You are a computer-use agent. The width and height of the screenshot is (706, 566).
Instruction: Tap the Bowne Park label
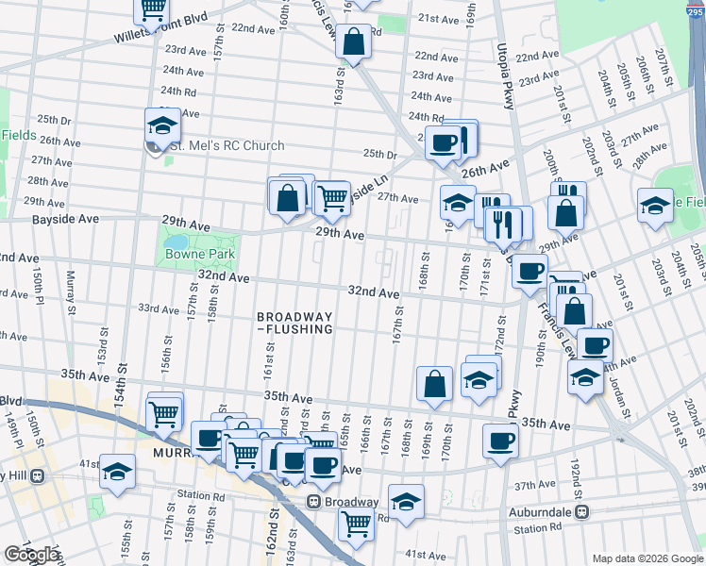(x=200, y=254)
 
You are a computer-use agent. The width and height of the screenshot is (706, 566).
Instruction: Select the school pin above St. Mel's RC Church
(x=162, y=125)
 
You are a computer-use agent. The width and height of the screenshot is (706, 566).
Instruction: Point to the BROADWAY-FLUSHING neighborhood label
(x=294, y=323)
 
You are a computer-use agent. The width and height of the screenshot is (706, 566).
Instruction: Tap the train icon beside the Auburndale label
(x=583, y=511)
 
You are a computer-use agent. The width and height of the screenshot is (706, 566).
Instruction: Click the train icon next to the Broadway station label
(x=316, y=502)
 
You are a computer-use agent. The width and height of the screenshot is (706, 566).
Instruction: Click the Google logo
(x=32, y=555)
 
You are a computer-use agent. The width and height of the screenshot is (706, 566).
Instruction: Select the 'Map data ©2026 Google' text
(x=647, y=558)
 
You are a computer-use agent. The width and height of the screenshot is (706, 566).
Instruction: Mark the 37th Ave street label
(x=535, y=484)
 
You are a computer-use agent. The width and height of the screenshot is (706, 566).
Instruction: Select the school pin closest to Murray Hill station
(x=117, y=472)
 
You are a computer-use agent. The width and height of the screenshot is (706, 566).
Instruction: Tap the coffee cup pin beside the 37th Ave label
(x=500, y=440)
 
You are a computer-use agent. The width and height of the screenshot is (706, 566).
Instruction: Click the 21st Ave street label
(x=437, y=18)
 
